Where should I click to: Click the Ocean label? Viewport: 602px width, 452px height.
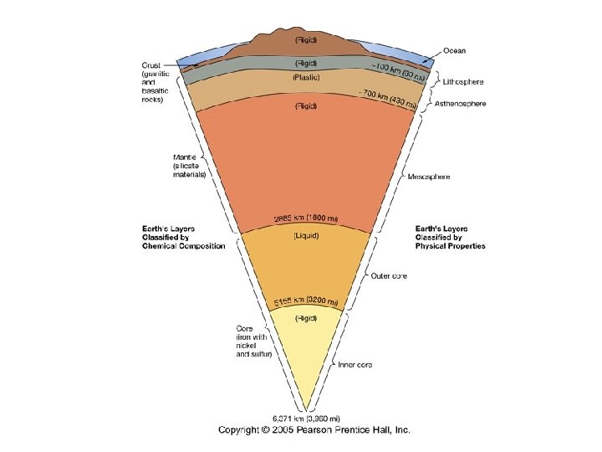(x=454, y=49)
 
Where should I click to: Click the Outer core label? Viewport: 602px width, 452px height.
(x=389, y=276)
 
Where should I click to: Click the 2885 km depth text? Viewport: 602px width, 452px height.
(x=306, y=219)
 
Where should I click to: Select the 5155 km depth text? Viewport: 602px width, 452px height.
(x=305, y=301)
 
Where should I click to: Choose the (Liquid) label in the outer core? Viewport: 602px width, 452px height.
(x=305, y=235)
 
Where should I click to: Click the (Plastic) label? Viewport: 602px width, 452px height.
(x=305, y=78)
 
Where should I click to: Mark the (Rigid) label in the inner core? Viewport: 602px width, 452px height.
(x=305, y=318)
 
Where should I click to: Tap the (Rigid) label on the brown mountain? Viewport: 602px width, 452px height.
(x=305, y=38)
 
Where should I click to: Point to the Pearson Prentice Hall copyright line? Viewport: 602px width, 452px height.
(x=314, y=430)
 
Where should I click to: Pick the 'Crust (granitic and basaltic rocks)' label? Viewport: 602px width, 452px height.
(x=158, y=81)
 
